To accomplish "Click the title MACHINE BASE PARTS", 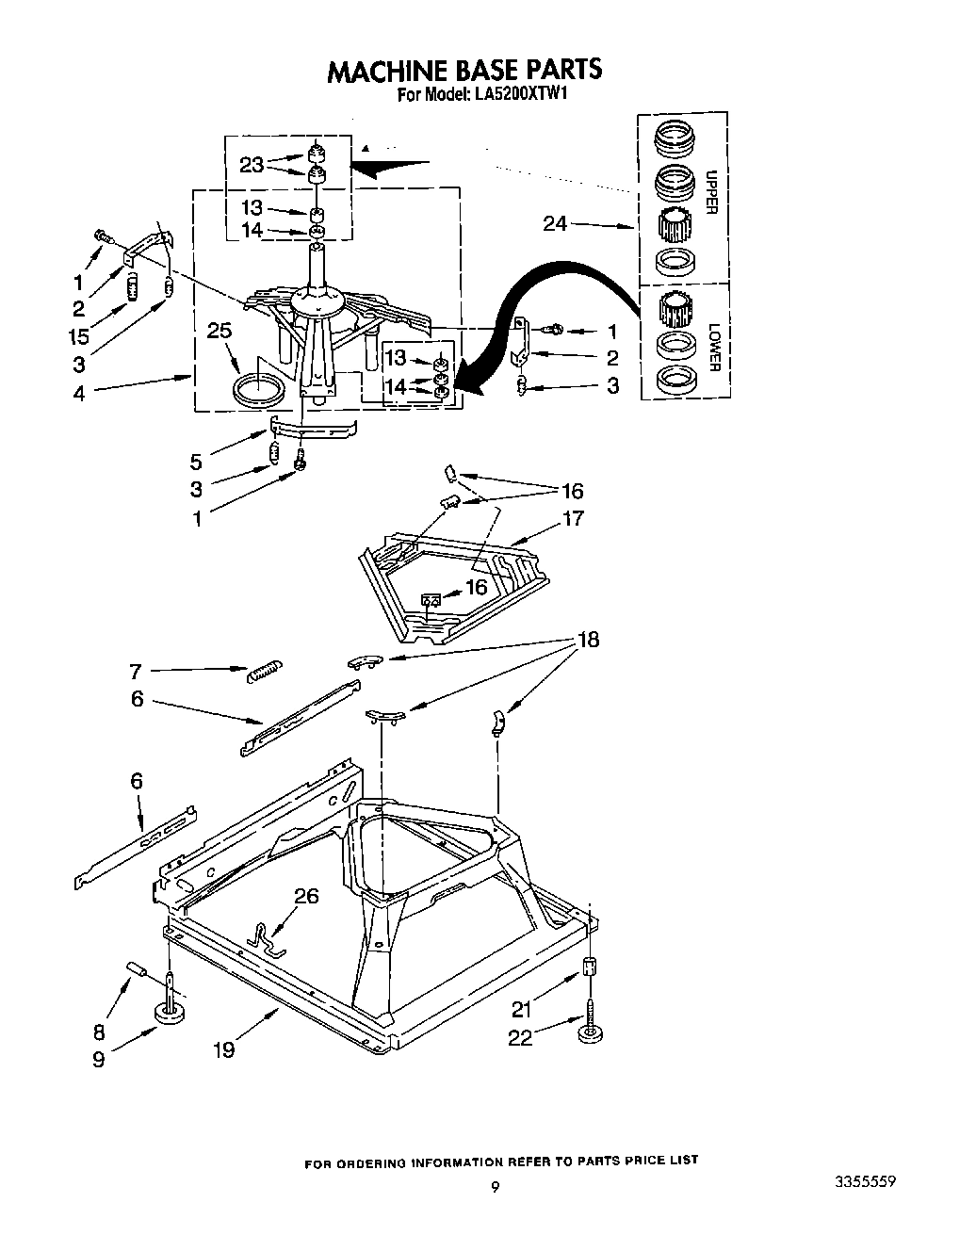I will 464,71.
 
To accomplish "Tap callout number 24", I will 555,224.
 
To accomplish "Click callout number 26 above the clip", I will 307,896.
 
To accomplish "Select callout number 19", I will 223,1048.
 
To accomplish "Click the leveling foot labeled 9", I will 171,1015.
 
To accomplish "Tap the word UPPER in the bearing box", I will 712,192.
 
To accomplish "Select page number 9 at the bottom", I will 495,1188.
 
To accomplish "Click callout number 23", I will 252,165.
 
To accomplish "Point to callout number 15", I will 78,334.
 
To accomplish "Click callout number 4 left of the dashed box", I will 78,393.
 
